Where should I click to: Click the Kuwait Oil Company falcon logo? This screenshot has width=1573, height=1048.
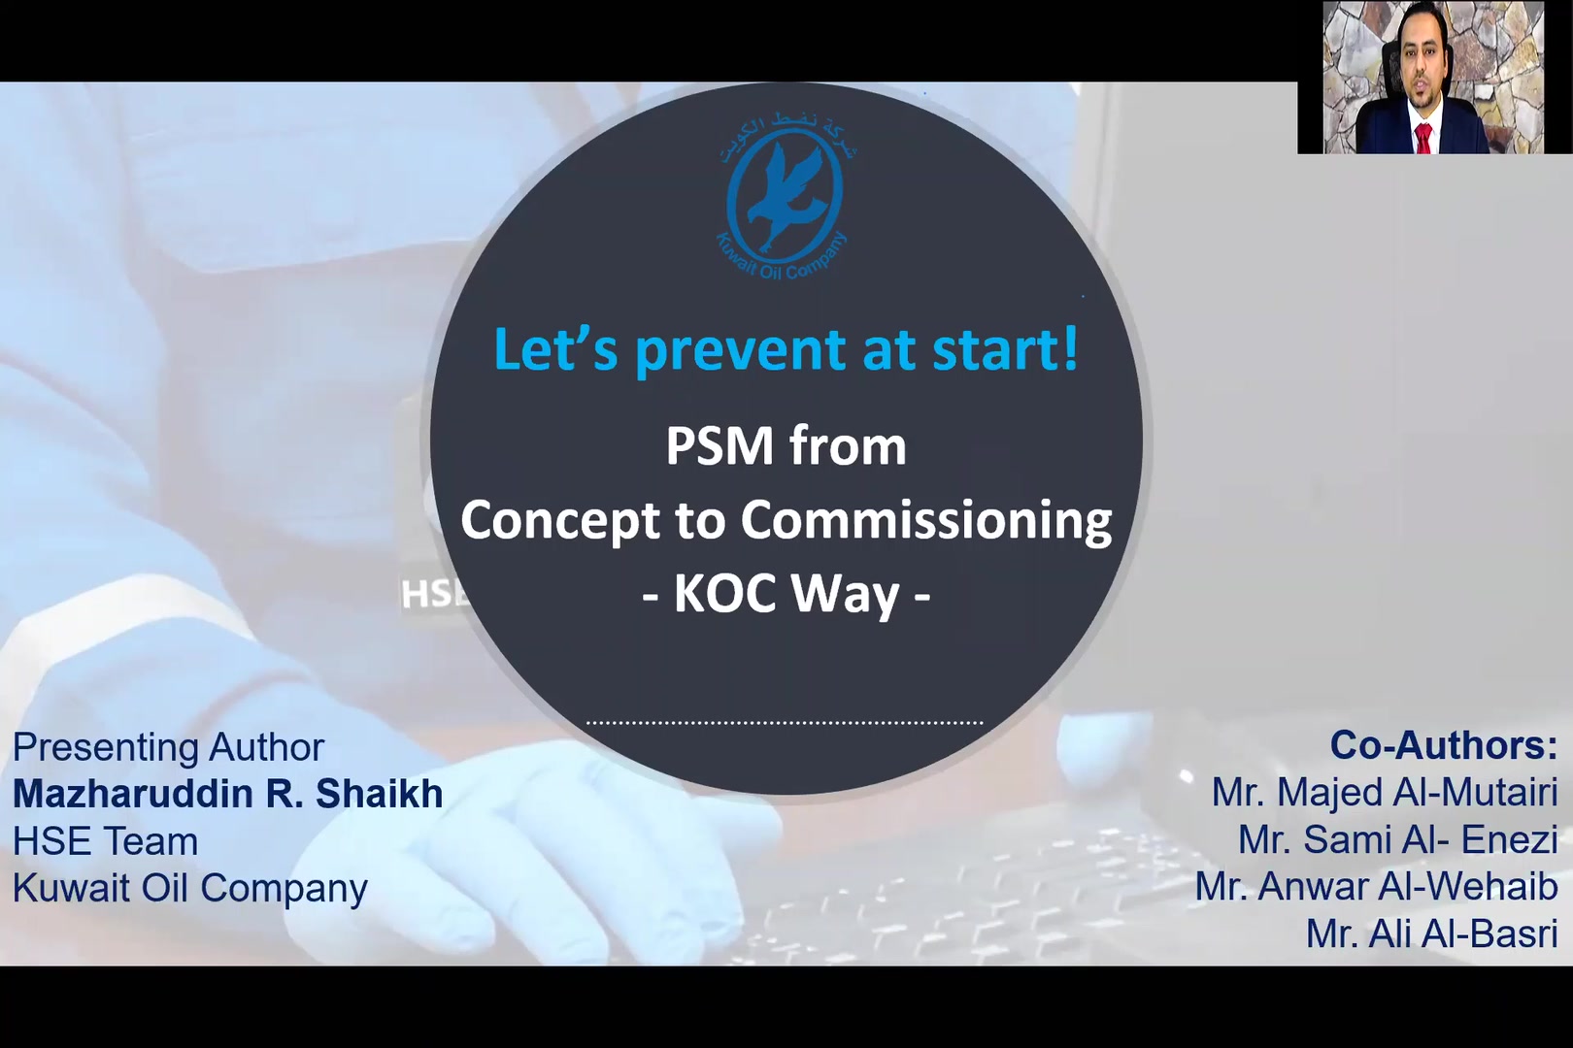785,194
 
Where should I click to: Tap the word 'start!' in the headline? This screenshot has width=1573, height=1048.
1005,349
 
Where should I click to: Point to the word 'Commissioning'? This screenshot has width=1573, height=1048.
926,521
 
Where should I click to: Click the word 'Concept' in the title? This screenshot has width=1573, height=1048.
560,521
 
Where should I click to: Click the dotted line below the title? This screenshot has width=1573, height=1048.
785,722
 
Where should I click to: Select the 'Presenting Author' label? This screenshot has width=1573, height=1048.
169,747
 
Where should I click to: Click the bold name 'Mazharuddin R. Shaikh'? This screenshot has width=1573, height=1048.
228,794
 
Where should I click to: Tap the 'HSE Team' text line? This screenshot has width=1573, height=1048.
105,841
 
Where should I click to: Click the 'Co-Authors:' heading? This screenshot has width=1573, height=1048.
1444,745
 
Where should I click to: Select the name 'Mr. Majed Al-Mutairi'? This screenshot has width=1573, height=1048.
1385,793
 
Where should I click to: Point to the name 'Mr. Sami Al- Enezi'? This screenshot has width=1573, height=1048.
1398,839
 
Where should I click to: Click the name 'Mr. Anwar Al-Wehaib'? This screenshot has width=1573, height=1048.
1377,887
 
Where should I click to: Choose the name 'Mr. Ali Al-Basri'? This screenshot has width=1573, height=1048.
1432,933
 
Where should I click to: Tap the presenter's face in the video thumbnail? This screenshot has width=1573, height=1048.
1420,75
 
